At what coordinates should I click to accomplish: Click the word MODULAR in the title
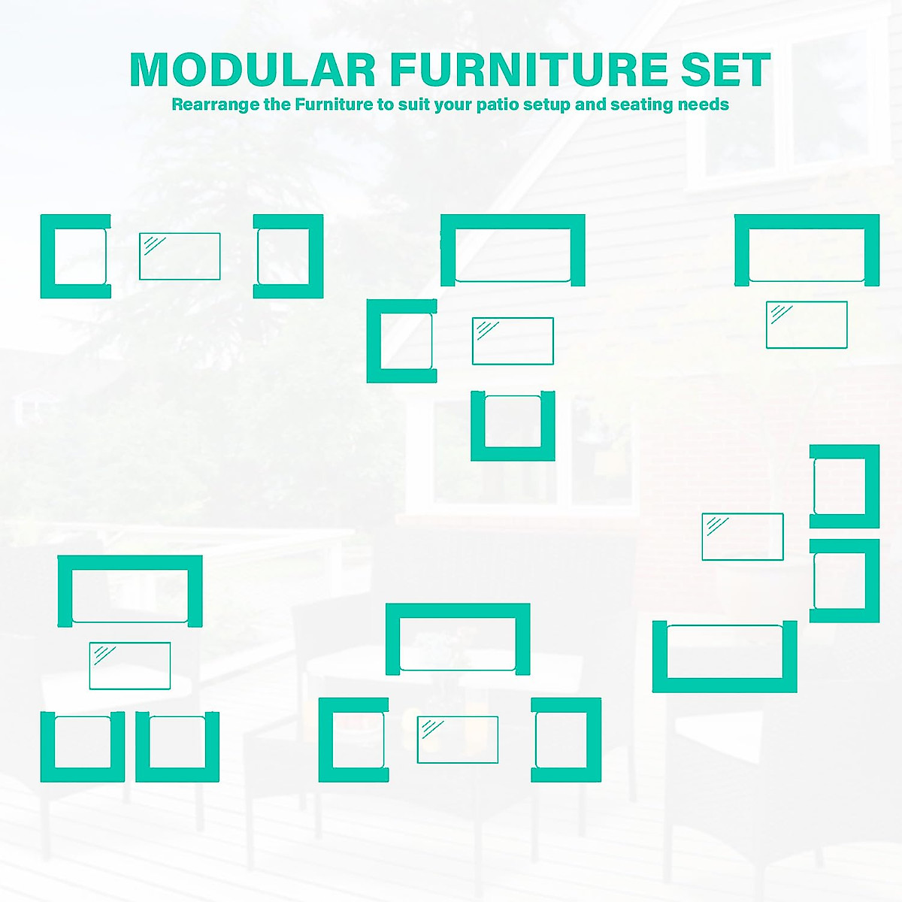tap(253, 69)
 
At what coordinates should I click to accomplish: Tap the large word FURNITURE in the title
tap(528, 69)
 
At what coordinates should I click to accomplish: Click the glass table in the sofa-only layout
tap(807, 325)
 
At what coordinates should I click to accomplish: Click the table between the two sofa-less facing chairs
tap(180, 256)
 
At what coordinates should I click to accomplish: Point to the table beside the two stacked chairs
tap(743, 537)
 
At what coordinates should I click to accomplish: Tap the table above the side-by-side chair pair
tap(129, 666)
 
